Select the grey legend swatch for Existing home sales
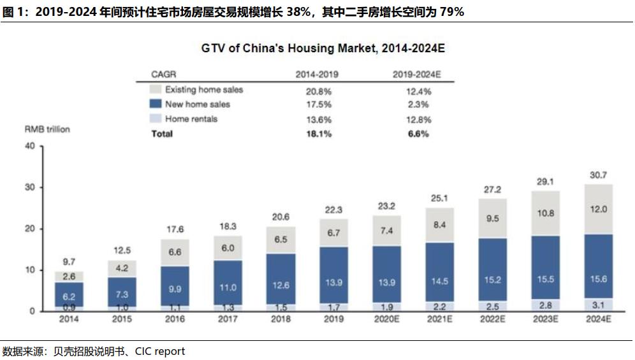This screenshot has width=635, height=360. click(x=155, y=90)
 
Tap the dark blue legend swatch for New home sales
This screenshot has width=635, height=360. click(x=155, y=104)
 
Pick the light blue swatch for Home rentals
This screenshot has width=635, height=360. click(x=155, y=119)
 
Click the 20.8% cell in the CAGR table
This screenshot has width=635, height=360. click(x=318, y=90)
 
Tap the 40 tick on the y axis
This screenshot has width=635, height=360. click(x=29, y=147)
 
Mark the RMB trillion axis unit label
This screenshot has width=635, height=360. click(x=47, y=129)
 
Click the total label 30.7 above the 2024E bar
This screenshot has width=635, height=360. click(x=598, y=175)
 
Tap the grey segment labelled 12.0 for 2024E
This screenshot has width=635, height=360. click(x=598, y=209)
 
